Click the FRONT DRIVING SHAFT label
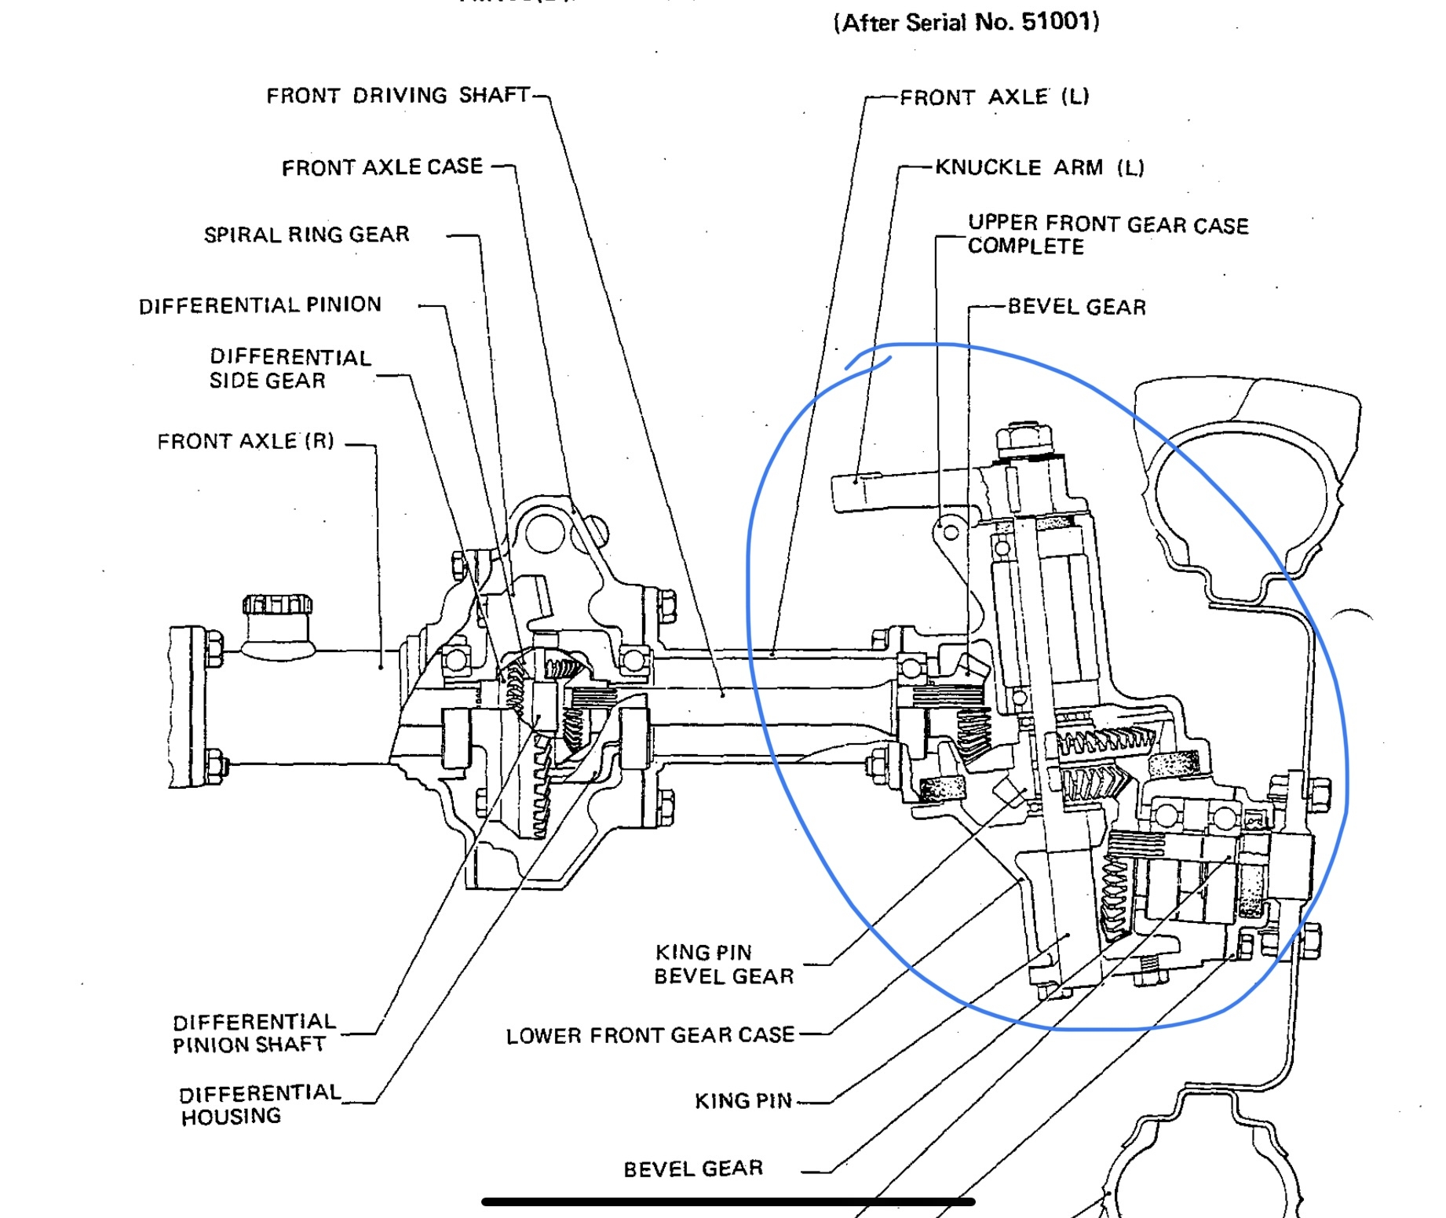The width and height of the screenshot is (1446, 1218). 398,95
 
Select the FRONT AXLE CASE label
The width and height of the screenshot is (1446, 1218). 382,167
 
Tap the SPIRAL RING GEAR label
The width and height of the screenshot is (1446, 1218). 307,235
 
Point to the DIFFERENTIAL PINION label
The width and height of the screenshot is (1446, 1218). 260,304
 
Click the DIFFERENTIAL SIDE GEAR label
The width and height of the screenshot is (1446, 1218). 290,369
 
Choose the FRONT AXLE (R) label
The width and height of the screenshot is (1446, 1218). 246,442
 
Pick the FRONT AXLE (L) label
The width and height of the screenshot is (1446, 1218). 994,97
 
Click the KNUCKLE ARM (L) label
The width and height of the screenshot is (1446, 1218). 1039,167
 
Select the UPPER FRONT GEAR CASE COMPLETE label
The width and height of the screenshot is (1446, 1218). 1107,235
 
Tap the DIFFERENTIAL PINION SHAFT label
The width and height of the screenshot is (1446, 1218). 253,1033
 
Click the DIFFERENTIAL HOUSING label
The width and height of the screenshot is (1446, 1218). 259,1104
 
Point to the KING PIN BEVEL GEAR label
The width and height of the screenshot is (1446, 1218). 723,964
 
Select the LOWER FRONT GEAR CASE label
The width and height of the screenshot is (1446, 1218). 650,1035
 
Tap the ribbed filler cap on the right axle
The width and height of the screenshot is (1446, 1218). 277,605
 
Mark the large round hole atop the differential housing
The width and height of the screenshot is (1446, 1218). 545,532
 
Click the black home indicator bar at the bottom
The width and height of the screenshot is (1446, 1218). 728,1202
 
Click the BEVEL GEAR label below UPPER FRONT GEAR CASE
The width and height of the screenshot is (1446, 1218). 1076,307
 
